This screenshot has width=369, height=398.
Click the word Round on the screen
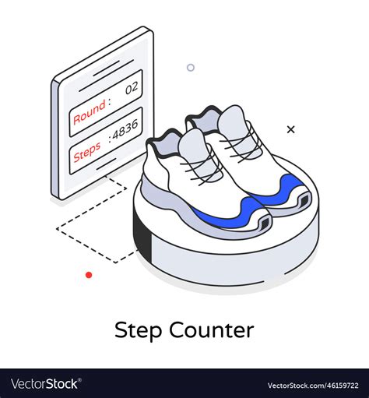[90, 111]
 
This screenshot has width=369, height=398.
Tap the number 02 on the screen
[131, 88]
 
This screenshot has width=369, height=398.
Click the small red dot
[89, 275]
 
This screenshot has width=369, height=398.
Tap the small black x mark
[291, 129]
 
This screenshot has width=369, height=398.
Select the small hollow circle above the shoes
[191, 68]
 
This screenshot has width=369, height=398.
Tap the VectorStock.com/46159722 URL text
[315, 385]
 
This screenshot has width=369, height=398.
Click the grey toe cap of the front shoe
[191, 147]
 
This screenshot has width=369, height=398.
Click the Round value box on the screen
[106, 100]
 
